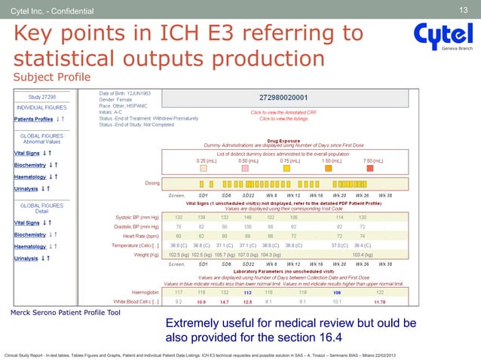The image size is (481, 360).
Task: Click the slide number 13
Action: click(x=464, y=9)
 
